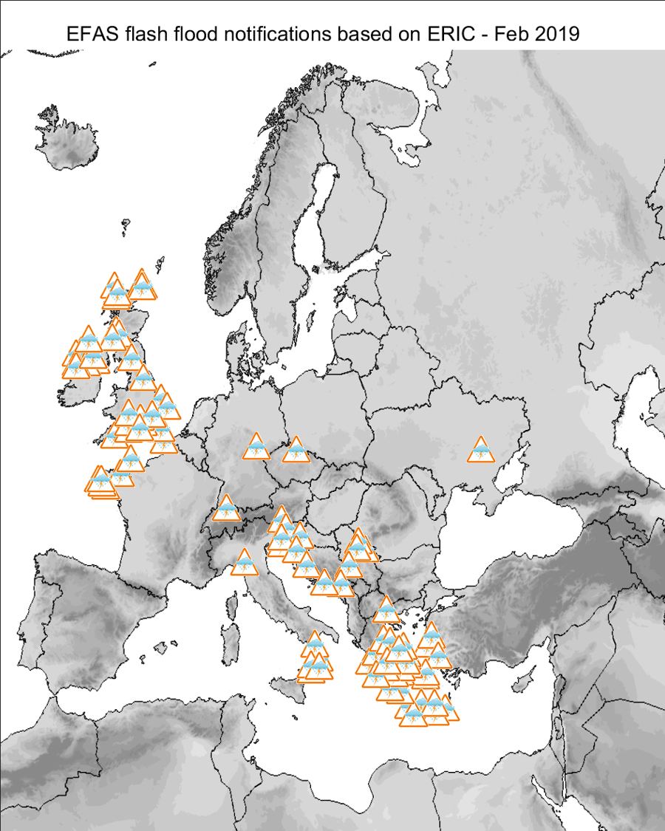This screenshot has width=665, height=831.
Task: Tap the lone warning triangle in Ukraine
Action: pos(481,451)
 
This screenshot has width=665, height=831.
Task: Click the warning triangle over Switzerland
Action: pos(226,510)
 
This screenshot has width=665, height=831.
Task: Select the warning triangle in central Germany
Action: pos(256,448)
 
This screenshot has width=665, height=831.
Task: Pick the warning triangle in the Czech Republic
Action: pos(296,451)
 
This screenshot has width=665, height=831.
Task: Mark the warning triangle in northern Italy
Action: pos(242,564)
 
